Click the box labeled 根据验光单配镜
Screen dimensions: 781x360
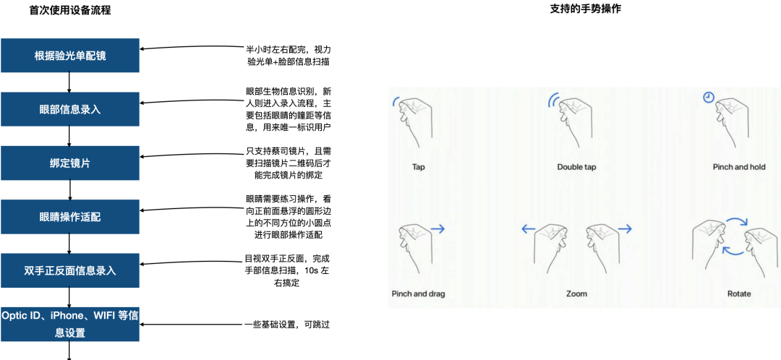(x=69, y=55)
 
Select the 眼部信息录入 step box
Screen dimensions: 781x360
(x=69, y=109)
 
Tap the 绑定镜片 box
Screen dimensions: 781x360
(x=69, y=163)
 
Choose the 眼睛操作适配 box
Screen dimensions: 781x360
(x=69, y=217)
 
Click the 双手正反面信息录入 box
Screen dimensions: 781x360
(x=69, y=270)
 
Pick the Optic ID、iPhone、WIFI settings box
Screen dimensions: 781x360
(x=69, y=324)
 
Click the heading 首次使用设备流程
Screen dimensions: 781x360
(x=70, y=10)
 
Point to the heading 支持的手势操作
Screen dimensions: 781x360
(x=585, y=9)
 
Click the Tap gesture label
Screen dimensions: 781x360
(x=419, y=167)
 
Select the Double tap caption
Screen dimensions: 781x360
(x=576, y=167)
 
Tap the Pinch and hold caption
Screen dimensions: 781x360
(x=738, y=167)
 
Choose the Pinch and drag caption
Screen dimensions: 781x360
(x=419, y=293)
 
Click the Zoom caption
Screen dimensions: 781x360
(x=576, y=293)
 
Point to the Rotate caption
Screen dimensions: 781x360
(x=738, y=293)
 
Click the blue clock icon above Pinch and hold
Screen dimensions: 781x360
(x=708, y=97)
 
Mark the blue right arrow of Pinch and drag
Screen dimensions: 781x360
(x=438, y=229)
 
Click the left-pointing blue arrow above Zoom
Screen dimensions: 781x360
(x=529, y=229)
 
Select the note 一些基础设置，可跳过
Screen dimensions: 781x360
(x=287, y=325)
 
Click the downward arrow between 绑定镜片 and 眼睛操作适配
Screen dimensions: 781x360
(x=69, y=189)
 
